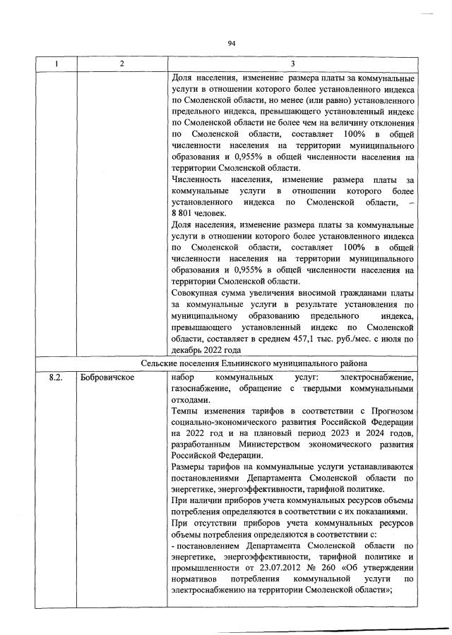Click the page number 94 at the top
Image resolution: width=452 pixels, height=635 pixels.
(x=231, y=43)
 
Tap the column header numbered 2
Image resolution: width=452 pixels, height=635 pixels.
(x=121, y=64)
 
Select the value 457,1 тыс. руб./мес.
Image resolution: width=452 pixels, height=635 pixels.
(x=311, y=339)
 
